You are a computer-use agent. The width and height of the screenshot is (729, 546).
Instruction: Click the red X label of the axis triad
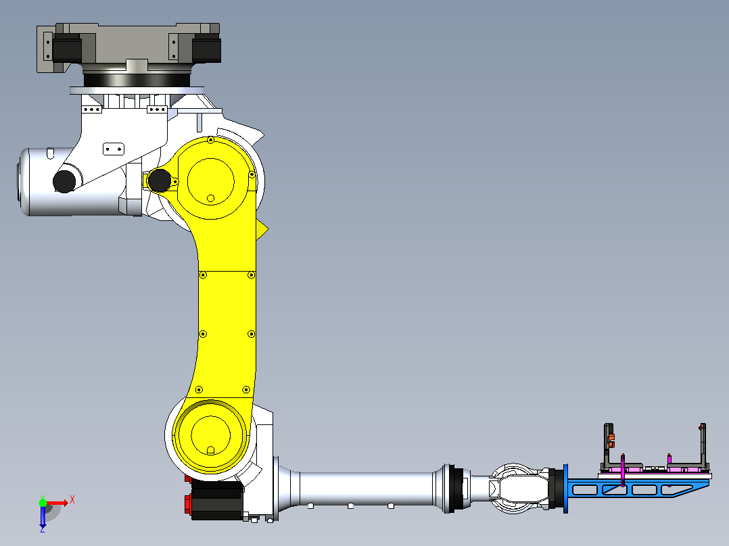point(72,500)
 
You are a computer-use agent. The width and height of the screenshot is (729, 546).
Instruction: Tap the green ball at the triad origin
point(43,503)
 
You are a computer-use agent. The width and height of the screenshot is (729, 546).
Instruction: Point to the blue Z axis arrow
point(43,517)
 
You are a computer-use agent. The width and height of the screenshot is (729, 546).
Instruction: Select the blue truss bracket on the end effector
point(637,489)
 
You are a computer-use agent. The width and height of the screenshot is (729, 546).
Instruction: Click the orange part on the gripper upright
point(611,440)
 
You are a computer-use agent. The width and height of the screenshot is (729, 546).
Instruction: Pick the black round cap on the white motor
point(64,181)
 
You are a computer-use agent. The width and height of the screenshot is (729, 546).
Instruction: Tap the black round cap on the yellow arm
point(159,180)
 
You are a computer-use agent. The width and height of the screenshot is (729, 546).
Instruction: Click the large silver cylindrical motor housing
point(70,182)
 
